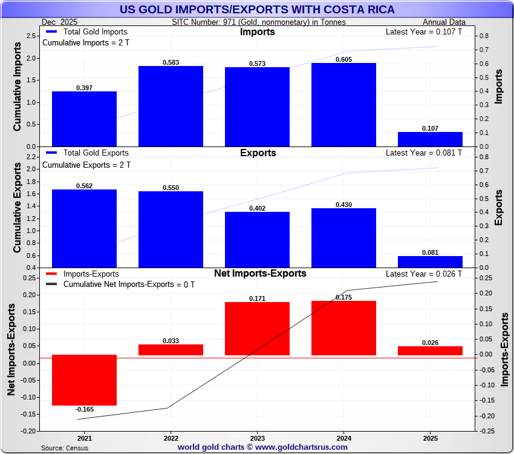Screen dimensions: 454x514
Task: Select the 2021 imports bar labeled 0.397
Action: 84,119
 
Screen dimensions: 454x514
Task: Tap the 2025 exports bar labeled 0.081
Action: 430,262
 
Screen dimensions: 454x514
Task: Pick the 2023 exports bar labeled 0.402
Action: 257,239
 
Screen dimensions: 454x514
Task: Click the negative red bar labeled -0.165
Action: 84,380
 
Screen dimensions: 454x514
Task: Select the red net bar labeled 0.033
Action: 171,350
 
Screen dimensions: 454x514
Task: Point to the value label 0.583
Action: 171,62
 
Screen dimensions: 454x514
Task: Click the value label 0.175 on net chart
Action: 343,297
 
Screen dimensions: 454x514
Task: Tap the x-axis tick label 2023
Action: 257,438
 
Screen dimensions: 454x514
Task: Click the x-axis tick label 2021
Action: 84,438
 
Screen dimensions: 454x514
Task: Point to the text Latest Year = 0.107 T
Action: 423,32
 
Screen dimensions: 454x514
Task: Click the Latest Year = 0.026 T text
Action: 423,274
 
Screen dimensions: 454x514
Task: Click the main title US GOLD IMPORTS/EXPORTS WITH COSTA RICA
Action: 257,10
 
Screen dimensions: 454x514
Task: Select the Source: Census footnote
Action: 65,448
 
